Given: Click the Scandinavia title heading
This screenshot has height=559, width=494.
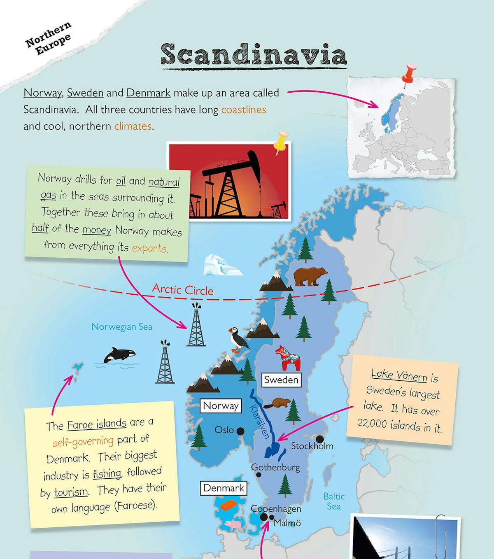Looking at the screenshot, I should [254, 55].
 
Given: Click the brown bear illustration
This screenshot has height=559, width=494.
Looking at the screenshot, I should [310, 276].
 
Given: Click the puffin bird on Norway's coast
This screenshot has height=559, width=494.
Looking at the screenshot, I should [238, 339].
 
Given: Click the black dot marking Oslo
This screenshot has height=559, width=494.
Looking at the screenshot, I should [240, 431].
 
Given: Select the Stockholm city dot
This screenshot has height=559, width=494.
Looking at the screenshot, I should [319, 439].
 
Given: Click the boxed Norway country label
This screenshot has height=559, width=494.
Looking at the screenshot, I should [221, 406].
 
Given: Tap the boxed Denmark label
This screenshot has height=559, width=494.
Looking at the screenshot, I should [224, 488].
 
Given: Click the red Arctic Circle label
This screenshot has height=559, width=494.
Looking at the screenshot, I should [183, 289].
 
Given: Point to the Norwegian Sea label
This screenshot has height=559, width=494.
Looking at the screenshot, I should [122, 327].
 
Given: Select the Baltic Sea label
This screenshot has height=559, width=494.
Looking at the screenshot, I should [334, 501].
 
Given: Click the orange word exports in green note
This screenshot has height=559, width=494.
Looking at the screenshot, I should [149, 248].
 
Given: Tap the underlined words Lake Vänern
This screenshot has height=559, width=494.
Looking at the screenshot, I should [399, 375].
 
